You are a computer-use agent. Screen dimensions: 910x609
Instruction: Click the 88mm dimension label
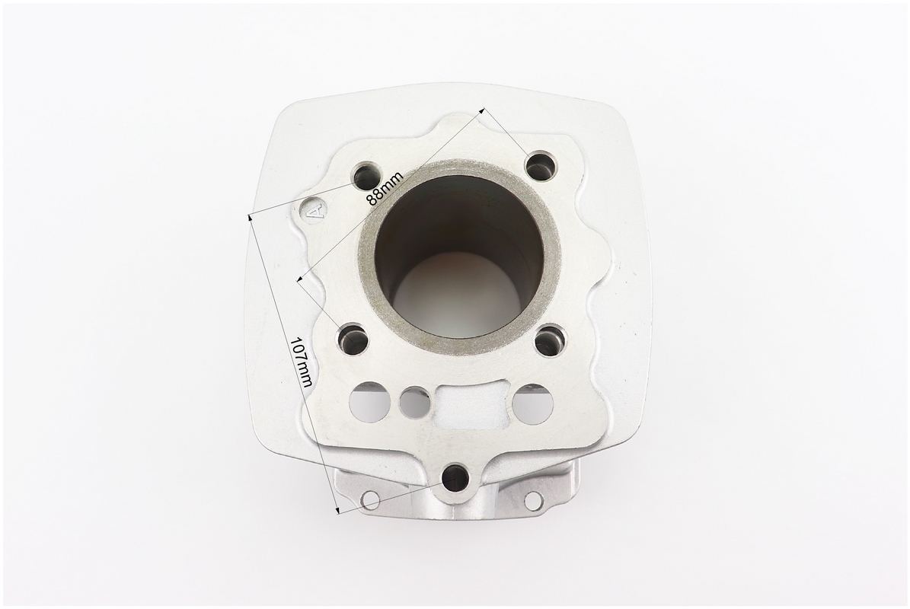pos(385,189)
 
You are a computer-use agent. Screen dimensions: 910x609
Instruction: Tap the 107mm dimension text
pos(302,363)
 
